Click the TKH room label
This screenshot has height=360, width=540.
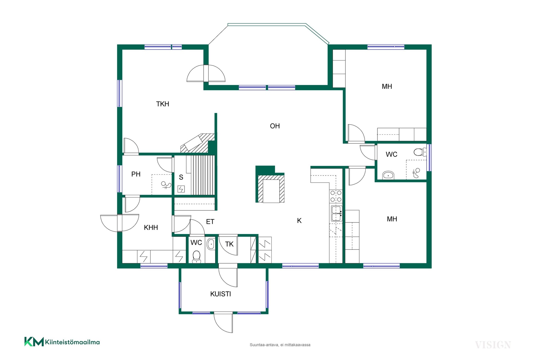[x=163, y=104]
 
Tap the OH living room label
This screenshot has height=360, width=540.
[x=275, y=126]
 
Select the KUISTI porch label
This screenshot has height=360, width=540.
[x=220, y=294]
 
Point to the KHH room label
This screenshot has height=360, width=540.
[x=151, y=228]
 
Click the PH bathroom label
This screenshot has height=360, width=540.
[x=136, y=174]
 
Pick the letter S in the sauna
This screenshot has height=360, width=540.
[x=181, y=177]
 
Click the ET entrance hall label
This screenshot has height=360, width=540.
[x=210, y=222]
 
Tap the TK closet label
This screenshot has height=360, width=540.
[x=229, y=244]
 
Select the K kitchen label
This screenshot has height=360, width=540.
[x=299, y=221]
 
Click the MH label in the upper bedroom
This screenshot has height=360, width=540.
[x=387, y=87]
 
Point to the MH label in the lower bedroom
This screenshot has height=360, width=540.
[x=392, y=219]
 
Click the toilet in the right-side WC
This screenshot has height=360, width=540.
[x=420, y=152]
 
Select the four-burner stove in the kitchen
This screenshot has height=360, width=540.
[x=336, y=196]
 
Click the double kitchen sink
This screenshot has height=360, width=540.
[x=336, y=213]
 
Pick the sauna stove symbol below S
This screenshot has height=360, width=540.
[x=181, y=189]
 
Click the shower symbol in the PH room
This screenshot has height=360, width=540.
[x=166, y=185]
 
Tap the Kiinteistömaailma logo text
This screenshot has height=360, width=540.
[x=72, y=342]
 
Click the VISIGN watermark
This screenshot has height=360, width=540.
[x=493, y=345]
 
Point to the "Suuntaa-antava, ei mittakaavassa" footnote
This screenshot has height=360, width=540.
[x=280, y=345]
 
